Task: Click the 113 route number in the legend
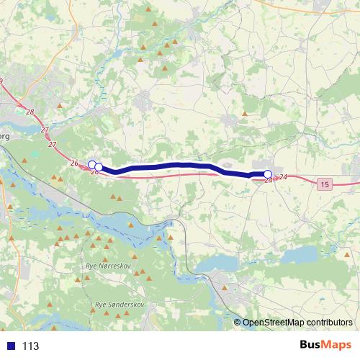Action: coord(30,346)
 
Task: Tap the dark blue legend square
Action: coord(11,346)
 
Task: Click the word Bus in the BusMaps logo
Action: coord(312,345)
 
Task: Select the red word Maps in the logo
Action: coord(338,345)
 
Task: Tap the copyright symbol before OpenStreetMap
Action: coord(238,322)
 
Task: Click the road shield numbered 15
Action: coord(325,185)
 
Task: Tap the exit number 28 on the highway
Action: coord(29,112)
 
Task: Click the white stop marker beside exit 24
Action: coord(268,174)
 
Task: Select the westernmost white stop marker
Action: coord(91,165)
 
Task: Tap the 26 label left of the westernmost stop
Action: coord(74,163)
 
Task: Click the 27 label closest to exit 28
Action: coord(45,130)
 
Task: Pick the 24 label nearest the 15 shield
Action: coord(284,176)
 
